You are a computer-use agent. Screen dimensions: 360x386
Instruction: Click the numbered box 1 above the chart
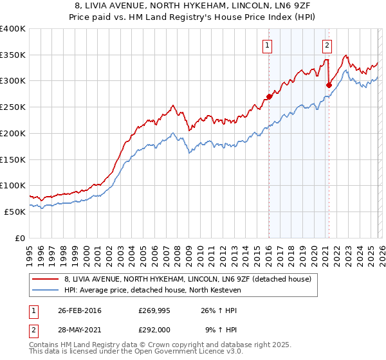tap(267, 45)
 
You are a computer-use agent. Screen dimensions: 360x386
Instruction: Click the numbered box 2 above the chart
tap(327, 45)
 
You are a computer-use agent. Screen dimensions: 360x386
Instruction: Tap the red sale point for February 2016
tap(269, 97)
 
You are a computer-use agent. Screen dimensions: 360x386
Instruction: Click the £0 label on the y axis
tap(20, 238)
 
